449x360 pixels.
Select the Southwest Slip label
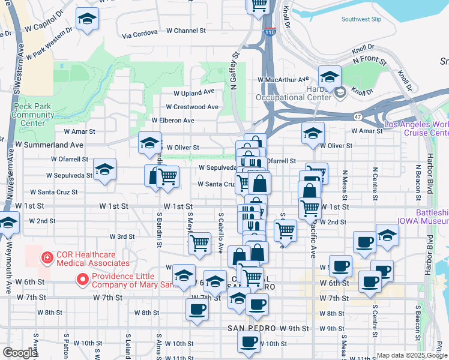click(361, 19)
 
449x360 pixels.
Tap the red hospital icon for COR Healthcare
click(46, 258)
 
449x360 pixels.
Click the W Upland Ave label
click(194, 93)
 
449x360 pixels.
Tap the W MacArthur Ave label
click(282, 79)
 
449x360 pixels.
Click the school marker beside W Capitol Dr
click(88, 19)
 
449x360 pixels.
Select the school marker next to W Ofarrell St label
click(104, 170)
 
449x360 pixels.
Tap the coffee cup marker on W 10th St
click(249, 342)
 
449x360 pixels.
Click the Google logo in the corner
click(19, 353)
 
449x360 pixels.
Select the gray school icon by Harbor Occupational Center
click(340, 92)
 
